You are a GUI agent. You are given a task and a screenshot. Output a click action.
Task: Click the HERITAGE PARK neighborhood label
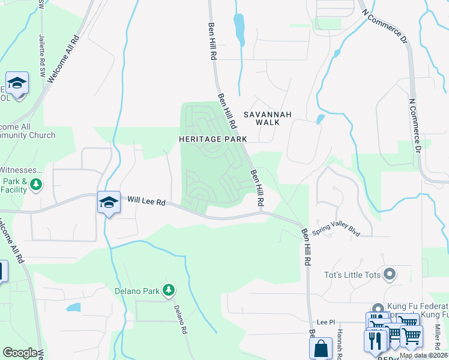(x=212, y=139)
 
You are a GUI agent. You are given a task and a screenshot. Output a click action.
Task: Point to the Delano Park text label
(x=137, y=292)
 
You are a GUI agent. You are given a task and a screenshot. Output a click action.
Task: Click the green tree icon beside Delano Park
(x=170, y=291)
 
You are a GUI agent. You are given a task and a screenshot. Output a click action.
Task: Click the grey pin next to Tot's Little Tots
(x=389, y=275)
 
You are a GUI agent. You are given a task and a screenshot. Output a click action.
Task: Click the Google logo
(x=20, y=353)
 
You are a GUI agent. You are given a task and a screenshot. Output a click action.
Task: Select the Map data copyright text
(x=423, y=355)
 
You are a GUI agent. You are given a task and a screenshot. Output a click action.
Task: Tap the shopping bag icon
(x=321, y=347)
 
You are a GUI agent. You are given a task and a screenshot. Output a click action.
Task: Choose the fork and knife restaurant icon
(x=375, y=340)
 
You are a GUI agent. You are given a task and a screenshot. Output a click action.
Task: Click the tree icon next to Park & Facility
(x=37, y=184)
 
